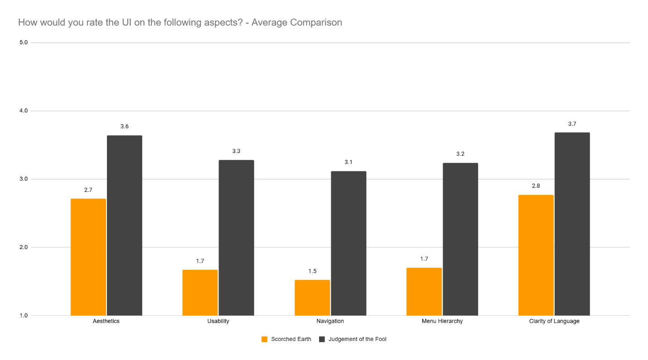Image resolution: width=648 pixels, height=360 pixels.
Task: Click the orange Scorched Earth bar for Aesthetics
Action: point(88,257)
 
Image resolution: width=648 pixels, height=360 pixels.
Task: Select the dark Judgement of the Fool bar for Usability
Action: point(236,238)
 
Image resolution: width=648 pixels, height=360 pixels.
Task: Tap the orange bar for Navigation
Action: point(312,298)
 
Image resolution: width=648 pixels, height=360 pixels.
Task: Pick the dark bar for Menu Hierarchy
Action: point(460,239)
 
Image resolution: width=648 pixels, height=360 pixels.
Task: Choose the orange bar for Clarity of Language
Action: point(536,255)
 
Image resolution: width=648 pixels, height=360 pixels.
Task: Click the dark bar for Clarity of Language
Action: point(572,224)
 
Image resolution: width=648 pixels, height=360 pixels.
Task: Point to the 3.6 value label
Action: point(125,126)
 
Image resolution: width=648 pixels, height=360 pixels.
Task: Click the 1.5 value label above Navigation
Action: point(312,271)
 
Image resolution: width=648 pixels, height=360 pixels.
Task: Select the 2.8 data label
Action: point(536,186)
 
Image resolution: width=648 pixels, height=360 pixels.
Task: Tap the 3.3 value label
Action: point(236,151)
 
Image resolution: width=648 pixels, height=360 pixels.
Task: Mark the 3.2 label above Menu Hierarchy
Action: point(460,154)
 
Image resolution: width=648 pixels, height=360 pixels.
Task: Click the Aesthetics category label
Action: point(106,321)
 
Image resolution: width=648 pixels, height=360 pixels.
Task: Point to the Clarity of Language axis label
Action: point(554,321)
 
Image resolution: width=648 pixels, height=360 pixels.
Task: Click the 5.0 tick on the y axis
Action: point(24,43)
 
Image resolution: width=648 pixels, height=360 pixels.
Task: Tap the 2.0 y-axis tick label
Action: point(24,247)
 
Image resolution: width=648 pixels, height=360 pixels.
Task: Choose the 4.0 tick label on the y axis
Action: point(24,111)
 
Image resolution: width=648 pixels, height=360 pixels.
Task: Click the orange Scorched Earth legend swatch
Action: point(265,339)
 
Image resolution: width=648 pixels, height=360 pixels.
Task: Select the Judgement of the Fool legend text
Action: point(357,339)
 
